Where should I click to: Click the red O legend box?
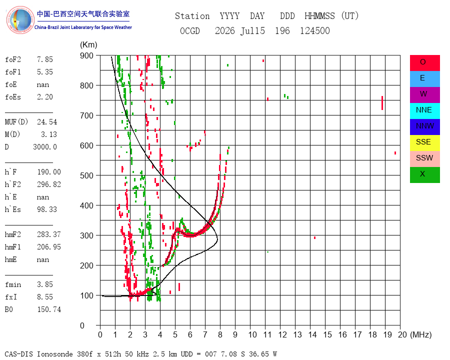[x=424, y=63]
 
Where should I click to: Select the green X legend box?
[x=424, y=175]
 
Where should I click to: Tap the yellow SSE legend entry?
[x=424, y=143]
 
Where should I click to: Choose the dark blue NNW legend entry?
[x=424, y=127]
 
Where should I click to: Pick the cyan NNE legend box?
[x=424, y=111]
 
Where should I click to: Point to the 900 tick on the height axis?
[x=86, y=55]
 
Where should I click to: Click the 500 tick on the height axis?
[x=86, y=175]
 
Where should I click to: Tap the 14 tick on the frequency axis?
[x=312, y=334]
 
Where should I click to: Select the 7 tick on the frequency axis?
[x=205, y=334]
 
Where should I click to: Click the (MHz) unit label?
[x=421, y=334]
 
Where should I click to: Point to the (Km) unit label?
[x=88, y=45]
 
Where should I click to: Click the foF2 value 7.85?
[x=45, y=59]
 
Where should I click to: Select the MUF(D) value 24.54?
[x=47, y=122]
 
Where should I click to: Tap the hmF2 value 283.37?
[x=49, y=234]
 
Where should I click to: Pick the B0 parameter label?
[x=8, y=309]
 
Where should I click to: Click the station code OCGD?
[x=189, y=30]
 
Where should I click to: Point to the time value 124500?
[x=315, y=30]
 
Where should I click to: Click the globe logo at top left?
[x=20, y=20]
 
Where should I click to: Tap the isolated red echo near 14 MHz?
[x=315, y=237]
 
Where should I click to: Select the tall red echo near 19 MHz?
[x=382, y=103]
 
